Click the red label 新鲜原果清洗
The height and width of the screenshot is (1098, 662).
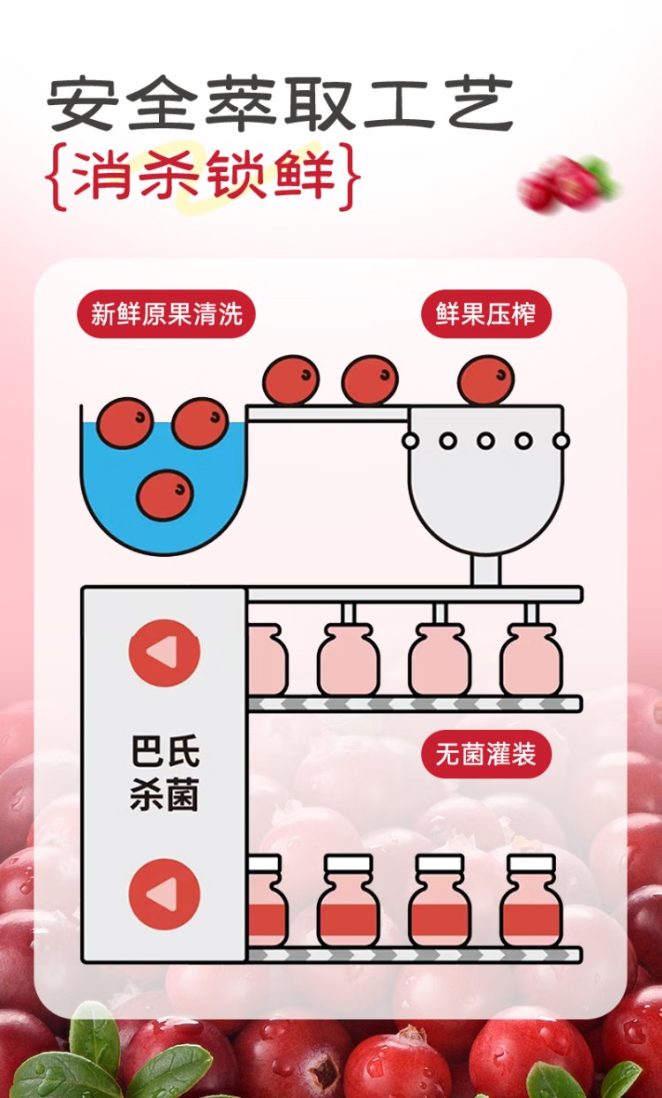[166, 313]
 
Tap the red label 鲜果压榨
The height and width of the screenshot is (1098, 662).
[485, 313]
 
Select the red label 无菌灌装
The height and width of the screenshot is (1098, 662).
[485, 754]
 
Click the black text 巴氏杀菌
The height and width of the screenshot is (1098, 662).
[164, 772]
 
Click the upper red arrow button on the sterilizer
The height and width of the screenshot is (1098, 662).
[164, 652]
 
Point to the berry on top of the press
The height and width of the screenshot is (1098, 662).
[485, 380]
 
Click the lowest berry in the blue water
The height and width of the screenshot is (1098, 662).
[165, 493]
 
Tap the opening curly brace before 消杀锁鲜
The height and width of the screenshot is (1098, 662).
[54, 177]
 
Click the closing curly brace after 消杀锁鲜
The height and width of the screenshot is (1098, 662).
[352, 177]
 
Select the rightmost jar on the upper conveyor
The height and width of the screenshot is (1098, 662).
[530, 660]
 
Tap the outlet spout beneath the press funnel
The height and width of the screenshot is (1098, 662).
[485, 570]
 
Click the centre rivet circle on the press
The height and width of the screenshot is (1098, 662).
[485, 440]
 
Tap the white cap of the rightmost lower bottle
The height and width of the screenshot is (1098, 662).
[530, 862]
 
